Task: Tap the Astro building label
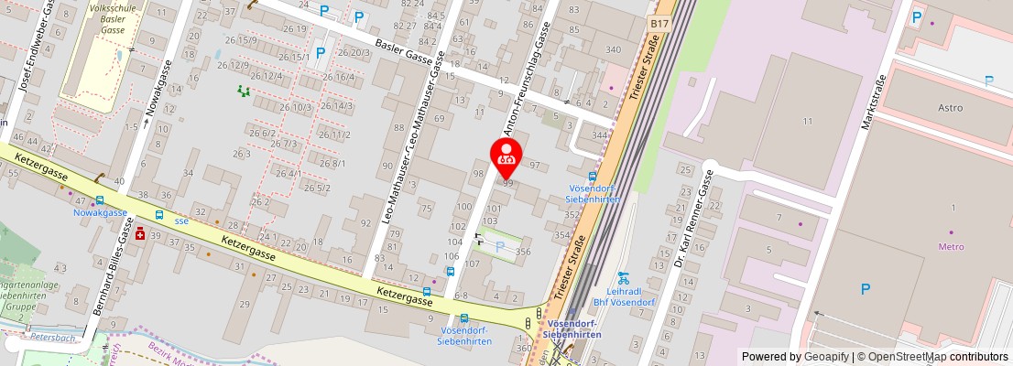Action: coord(951,108)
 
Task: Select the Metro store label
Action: coord(952,246)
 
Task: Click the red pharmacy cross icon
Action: coord(140,234)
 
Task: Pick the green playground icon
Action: coord(243,91)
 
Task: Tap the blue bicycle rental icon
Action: coord(623,276)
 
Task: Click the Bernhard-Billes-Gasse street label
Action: coord(111,272)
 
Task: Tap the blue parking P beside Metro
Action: coord(865,289)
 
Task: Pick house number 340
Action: coord(614,49)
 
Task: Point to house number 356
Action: coord(524,252)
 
